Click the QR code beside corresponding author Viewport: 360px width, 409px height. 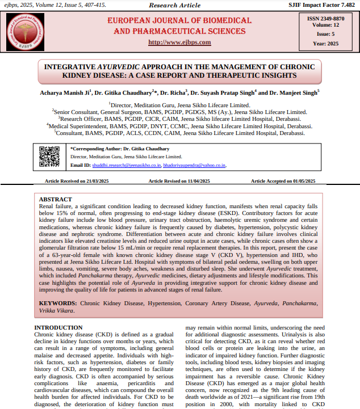click(49, 156)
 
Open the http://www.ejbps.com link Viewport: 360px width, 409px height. click(179, 43)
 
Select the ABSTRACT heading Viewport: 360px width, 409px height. click(56, 200)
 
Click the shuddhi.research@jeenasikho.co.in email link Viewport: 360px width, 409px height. click(127, 165)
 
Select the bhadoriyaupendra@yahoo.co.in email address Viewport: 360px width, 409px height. click(194, 165)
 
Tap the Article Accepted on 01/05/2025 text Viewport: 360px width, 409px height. click(282, 181)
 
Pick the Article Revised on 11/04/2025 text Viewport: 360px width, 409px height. click(179, 181)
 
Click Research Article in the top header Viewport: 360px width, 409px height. click(175, 5)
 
